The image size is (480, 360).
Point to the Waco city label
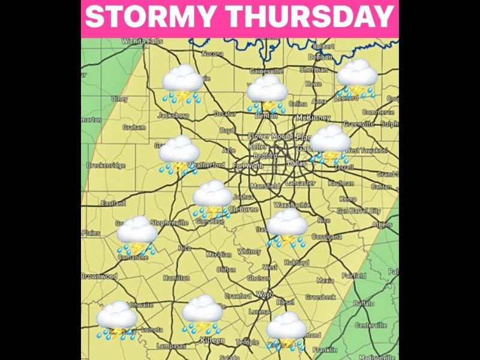coord(265,294)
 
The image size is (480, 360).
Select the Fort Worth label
coord(248,166)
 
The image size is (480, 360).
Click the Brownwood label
coord(100,277)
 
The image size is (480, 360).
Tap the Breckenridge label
coord(106,165)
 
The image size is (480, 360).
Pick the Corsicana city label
coord(327,236)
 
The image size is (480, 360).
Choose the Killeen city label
coord(212,340)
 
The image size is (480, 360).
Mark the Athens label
coord(382,225)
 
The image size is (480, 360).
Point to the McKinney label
coord(313,117)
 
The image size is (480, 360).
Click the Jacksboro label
coord(173,115)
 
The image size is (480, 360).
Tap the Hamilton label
coord(176,278)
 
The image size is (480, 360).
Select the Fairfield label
coord(354,276)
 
